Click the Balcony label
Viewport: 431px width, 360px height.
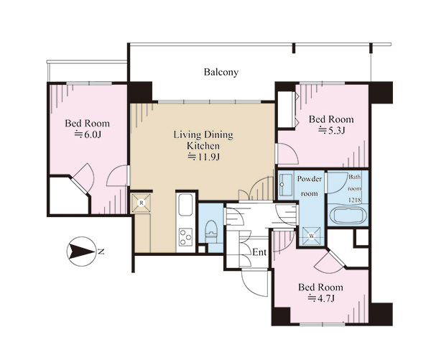[x=221, y=72]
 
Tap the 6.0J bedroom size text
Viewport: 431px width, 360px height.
[x=88, y=135]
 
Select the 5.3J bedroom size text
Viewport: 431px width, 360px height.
[x=332, y=130]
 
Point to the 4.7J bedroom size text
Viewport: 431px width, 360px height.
[x=321, y=298]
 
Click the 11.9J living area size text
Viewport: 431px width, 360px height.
[x=204, y=157]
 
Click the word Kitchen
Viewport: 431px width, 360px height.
[x=203, y=146]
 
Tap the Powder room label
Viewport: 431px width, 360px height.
[x=309, y=186]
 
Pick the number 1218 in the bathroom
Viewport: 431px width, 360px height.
[x=355, y=200]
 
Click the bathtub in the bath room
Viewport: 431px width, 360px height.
[x=348, y=216]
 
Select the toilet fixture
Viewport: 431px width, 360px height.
[x=211, y=231]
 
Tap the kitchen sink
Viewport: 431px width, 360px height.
[x=185, y=205]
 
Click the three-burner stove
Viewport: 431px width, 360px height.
[x=185, y=237]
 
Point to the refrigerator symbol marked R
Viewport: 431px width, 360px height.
[x=142, y=203]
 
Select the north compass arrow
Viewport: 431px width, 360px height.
[x=82, y=251]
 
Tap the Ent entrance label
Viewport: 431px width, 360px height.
[x=259, y=252]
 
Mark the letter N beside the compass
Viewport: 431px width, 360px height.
[x=101, y=251]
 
